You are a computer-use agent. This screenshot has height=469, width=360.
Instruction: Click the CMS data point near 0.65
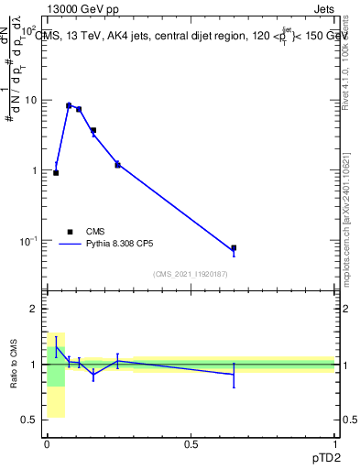tap(234, 248)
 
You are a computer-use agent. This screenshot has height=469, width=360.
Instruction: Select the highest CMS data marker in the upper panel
tap(69, 105)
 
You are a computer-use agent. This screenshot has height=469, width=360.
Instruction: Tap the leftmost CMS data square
tap(56, 172)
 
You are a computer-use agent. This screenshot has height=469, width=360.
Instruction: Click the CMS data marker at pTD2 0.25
tap(117, 164)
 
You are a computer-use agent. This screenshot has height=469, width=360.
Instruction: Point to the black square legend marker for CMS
tap(70, 232)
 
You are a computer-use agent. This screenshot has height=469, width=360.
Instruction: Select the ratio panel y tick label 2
tap(35, 309)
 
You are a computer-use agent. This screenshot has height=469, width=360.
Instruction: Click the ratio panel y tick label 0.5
tap(31, 420)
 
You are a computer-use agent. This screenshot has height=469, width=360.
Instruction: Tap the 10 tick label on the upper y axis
tap(29, 100)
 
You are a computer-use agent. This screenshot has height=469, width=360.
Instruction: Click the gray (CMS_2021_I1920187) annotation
tap(191, 274)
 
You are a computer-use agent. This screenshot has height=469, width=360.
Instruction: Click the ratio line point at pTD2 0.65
tap(234, 374)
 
